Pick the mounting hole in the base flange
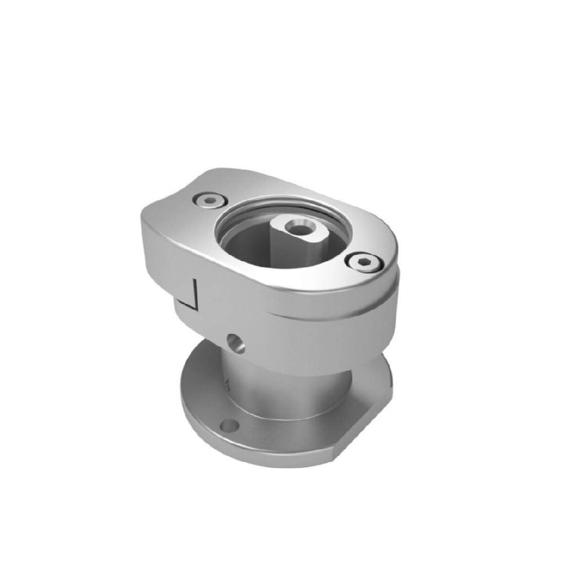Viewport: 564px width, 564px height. point(229,425)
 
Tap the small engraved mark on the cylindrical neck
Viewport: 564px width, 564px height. point(227,386)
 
